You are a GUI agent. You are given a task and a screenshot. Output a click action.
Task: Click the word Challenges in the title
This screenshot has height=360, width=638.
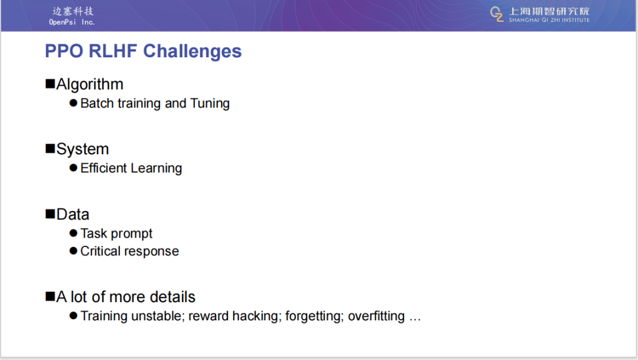coord(193,51)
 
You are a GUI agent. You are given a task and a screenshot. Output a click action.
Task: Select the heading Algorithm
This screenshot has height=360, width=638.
coord(90,85)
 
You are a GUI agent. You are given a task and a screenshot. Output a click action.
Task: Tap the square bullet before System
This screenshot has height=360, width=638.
coord(50,148)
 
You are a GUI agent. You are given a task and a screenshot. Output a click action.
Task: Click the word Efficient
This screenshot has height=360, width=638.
coord(104,168)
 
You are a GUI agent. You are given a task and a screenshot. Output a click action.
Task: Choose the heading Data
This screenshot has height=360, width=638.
coord(73,214)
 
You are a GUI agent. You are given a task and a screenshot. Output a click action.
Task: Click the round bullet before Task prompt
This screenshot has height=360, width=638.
coord(73,233)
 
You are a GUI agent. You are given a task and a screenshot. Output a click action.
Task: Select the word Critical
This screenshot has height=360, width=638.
coord(100,251)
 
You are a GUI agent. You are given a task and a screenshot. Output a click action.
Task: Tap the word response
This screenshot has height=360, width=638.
coord(151,252)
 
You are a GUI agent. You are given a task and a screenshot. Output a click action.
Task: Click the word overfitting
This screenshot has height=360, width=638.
coord(376,316)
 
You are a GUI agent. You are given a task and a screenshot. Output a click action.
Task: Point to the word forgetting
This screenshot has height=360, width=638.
coord(315,316)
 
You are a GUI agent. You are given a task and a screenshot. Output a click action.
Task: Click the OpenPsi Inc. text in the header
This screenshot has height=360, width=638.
coord(72,22)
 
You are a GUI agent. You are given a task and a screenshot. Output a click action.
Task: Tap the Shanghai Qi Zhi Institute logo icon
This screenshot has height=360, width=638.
coord(497,14)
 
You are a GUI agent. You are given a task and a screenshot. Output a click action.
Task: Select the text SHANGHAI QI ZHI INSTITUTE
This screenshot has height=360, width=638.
coord(549,20)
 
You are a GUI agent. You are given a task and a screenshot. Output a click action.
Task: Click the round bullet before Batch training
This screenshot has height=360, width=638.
coord(73,103)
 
